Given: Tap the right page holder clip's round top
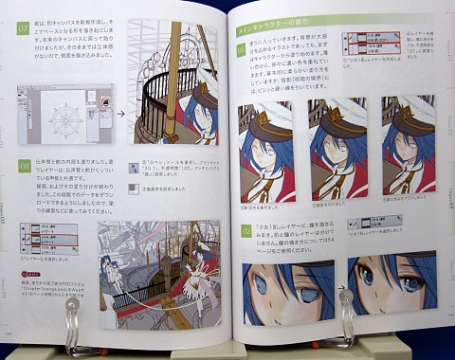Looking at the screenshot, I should pyautogui.click(x=346, y=296).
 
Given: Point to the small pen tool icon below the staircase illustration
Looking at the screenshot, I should pyautogui.click(x=135, y=162).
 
